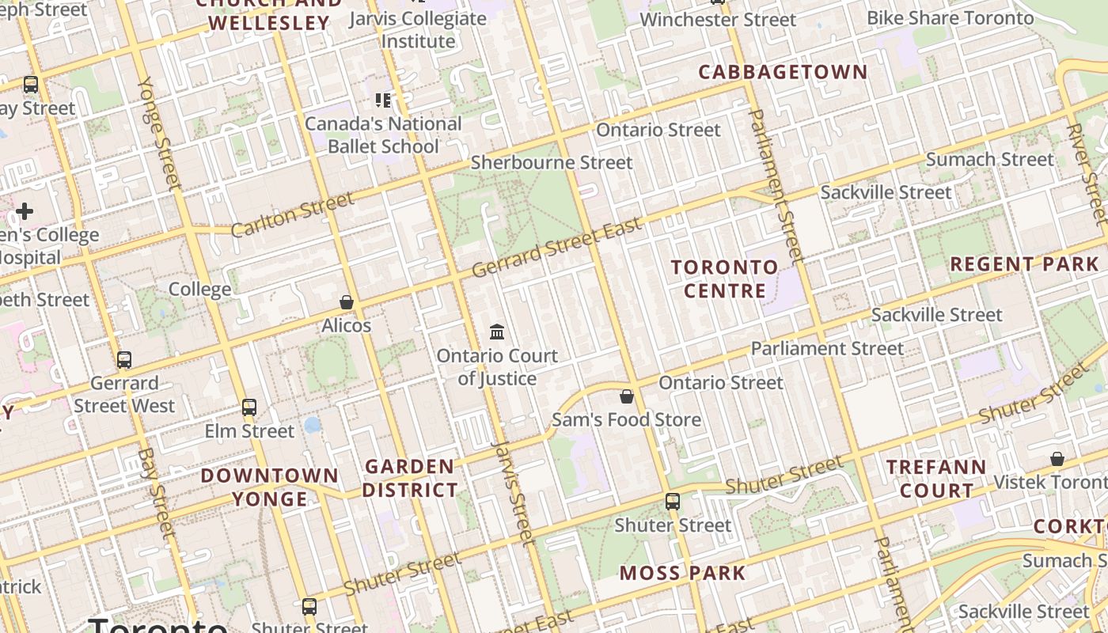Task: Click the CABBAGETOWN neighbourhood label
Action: [783, 72]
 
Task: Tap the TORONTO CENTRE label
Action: [725, 279]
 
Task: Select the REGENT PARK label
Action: [1024, 264]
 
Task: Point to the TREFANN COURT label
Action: [936, 479]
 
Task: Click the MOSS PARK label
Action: [682, 573]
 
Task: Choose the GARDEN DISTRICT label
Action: [410, 478]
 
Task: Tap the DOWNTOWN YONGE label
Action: [270, 487]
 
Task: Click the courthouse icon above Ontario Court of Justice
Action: [497, 332]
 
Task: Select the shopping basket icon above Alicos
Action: [347, 301]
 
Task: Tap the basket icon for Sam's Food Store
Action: [627, 396]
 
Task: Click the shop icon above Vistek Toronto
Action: [1057, 459]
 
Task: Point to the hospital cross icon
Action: [25, 211]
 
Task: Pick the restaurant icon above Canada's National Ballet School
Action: [383, 100]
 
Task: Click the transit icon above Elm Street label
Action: [249, 407]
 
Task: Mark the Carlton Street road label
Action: [292, 214]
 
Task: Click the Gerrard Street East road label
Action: [556, 248]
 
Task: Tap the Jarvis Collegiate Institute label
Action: [418, 29]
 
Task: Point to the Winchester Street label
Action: [718, 20]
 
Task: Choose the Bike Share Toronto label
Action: [950, 17]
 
